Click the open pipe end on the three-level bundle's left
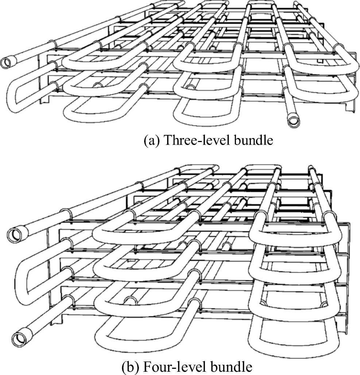click(7, 63)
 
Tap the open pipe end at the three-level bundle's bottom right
click(293, 122)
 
